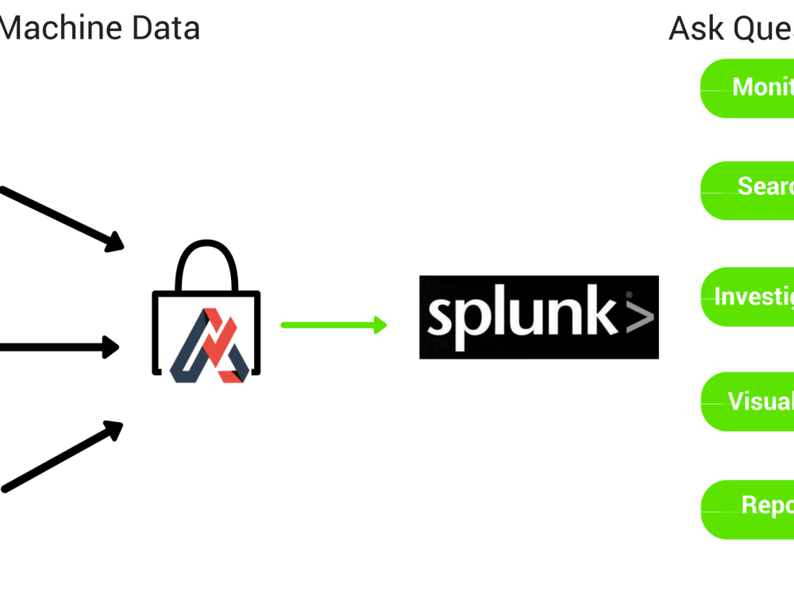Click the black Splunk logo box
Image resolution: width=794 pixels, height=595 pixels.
(x=538, y=317)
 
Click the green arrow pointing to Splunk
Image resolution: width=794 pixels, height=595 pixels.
(x=330, y=324)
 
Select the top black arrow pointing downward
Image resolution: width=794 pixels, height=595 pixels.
(x=60, y=217)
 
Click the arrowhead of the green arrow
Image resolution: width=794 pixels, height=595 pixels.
(x=380, y=324)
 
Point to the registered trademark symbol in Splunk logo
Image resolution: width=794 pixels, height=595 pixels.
(x=629, y=294)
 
